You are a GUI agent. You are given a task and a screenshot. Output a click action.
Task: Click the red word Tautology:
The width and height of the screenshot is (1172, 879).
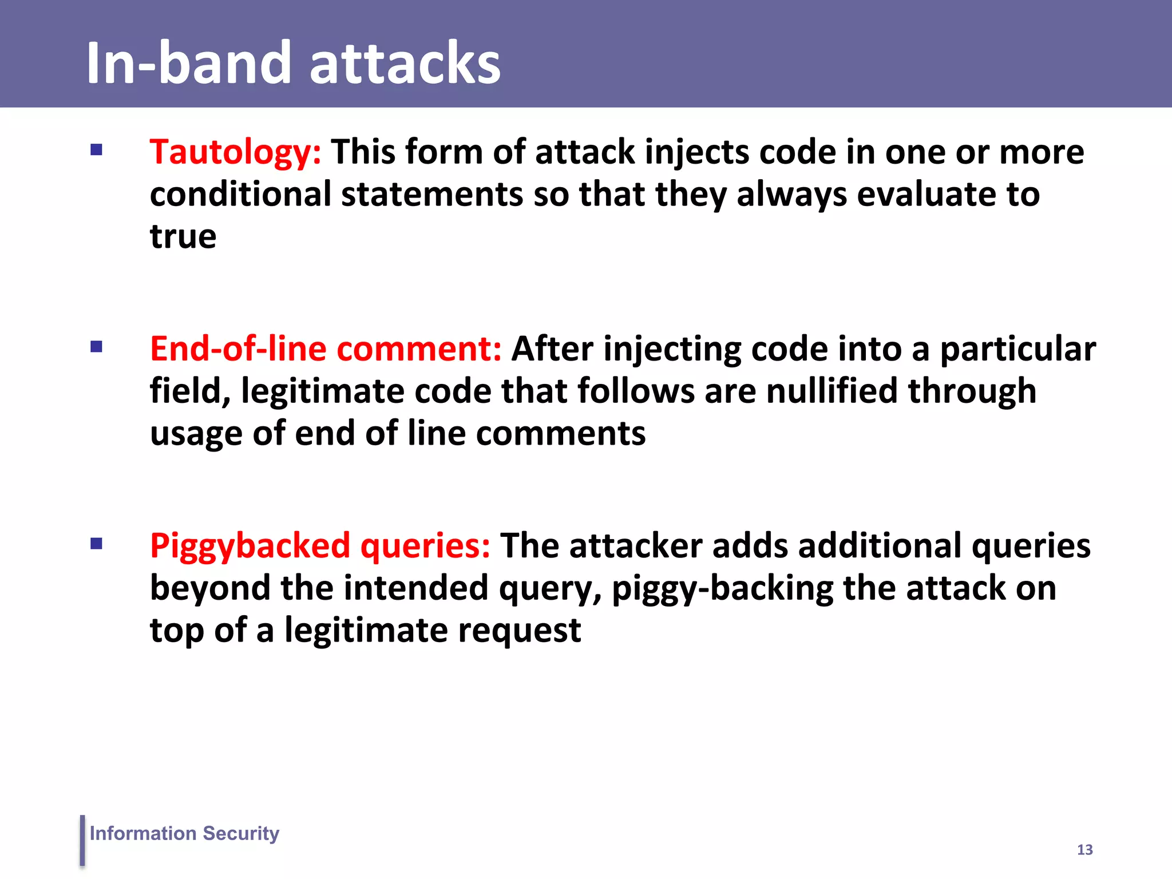coord(235,153)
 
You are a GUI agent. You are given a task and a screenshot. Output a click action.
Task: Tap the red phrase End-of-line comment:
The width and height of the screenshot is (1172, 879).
coord(326,349)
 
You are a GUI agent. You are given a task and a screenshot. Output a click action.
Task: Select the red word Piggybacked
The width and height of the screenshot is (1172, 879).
coord(250,546)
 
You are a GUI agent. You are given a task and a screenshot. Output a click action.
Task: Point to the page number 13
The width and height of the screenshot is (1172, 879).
coord(1084,850)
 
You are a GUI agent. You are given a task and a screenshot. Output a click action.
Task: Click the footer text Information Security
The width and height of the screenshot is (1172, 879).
coord(184,833)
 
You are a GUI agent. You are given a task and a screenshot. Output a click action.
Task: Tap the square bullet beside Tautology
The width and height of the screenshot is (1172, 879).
coord(96,150)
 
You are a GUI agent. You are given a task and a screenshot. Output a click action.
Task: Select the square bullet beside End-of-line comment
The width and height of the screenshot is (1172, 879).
coord(96,347)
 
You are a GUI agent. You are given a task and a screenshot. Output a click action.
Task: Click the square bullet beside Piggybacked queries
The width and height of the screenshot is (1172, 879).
coord(96,544)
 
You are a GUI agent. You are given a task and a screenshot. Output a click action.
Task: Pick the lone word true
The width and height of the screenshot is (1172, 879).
coord(183,237)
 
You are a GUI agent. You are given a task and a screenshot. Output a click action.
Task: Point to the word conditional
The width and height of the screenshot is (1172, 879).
coord(240,195)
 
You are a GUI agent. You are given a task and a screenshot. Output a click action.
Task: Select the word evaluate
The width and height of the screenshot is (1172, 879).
coord(925,195)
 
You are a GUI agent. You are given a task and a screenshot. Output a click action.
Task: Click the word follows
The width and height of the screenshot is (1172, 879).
coord(636,391)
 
